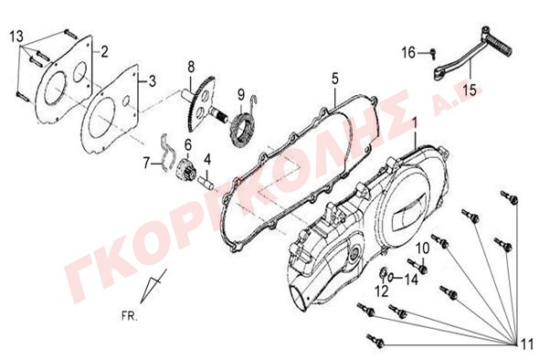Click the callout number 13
click(x=16, y=36)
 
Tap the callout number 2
click(x=104, y=51)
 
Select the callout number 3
click(x=152, y=81)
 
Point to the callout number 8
click(x=191, y=66)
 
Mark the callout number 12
click(x=382, y=291)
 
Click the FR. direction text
click(x=129, y=316)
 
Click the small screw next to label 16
click(x=433, y=53)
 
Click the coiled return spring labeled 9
click(x=243, y=126)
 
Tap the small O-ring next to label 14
click(x=391, y=276)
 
